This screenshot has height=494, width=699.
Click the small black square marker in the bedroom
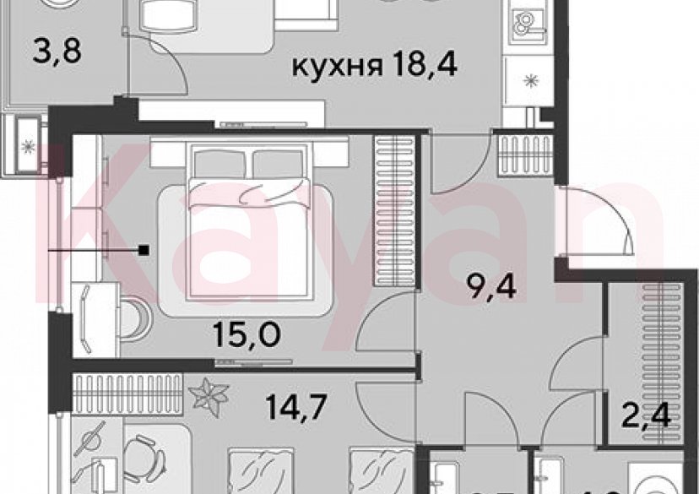tap(145, 250)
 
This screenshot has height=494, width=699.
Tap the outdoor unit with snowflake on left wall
tap(29, 145)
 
